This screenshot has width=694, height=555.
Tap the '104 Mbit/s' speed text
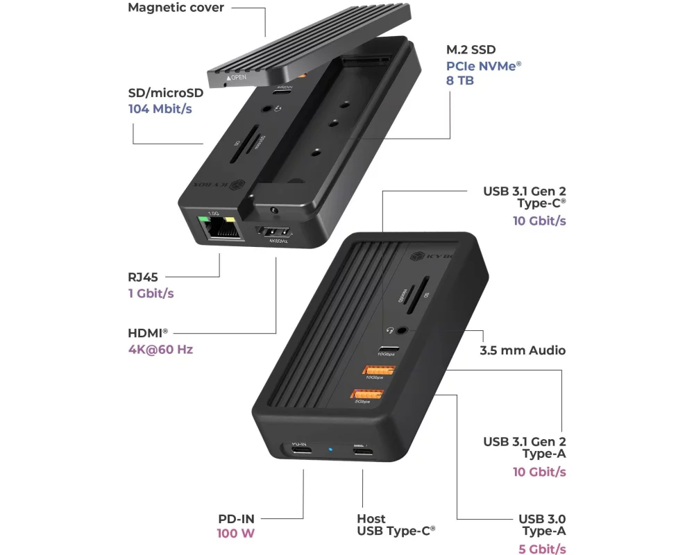[x=161, y=109]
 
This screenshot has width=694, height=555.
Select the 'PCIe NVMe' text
[x=484, y=66]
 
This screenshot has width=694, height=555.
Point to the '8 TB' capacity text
[x=461, y=80]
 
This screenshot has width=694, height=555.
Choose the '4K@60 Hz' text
[x=160, y=349]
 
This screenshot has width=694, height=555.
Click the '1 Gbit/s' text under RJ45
[x=151, y=293]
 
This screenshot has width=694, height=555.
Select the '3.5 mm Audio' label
[x=523, y=350]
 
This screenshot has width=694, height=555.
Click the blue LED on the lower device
[x=330, y=450]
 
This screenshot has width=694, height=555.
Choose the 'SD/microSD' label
[x=166, y=93]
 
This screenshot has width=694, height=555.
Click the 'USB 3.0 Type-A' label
[x=542, y=524]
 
